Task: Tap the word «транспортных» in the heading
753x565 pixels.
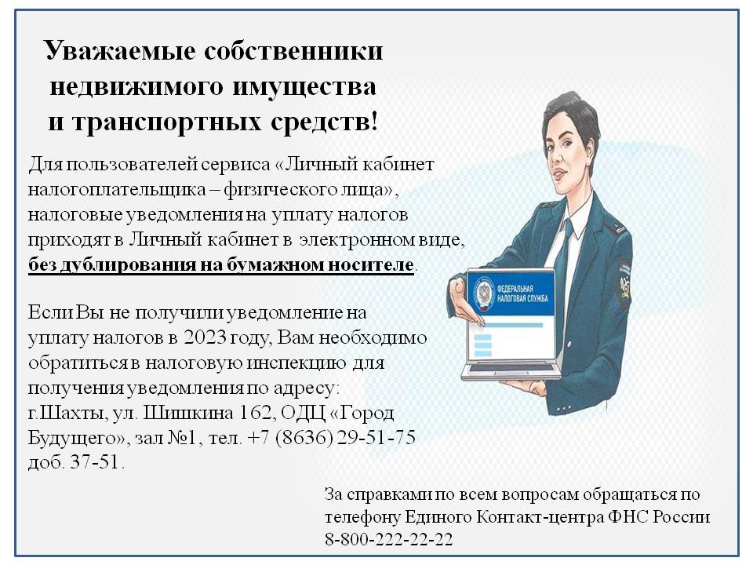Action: (166, 122)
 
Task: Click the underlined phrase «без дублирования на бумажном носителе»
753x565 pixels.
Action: (221, 264)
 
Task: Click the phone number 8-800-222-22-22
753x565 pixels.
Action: (388, 539)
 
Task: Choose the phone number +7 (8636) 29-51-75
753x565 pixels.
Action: (331, 438)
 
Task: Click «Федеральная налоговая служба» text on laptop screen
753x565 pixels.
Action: (522, 293)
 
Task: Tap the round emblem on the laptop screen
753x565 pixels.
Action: (483, 293)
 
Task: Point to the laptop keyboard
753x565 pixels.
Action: (511, 369)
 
